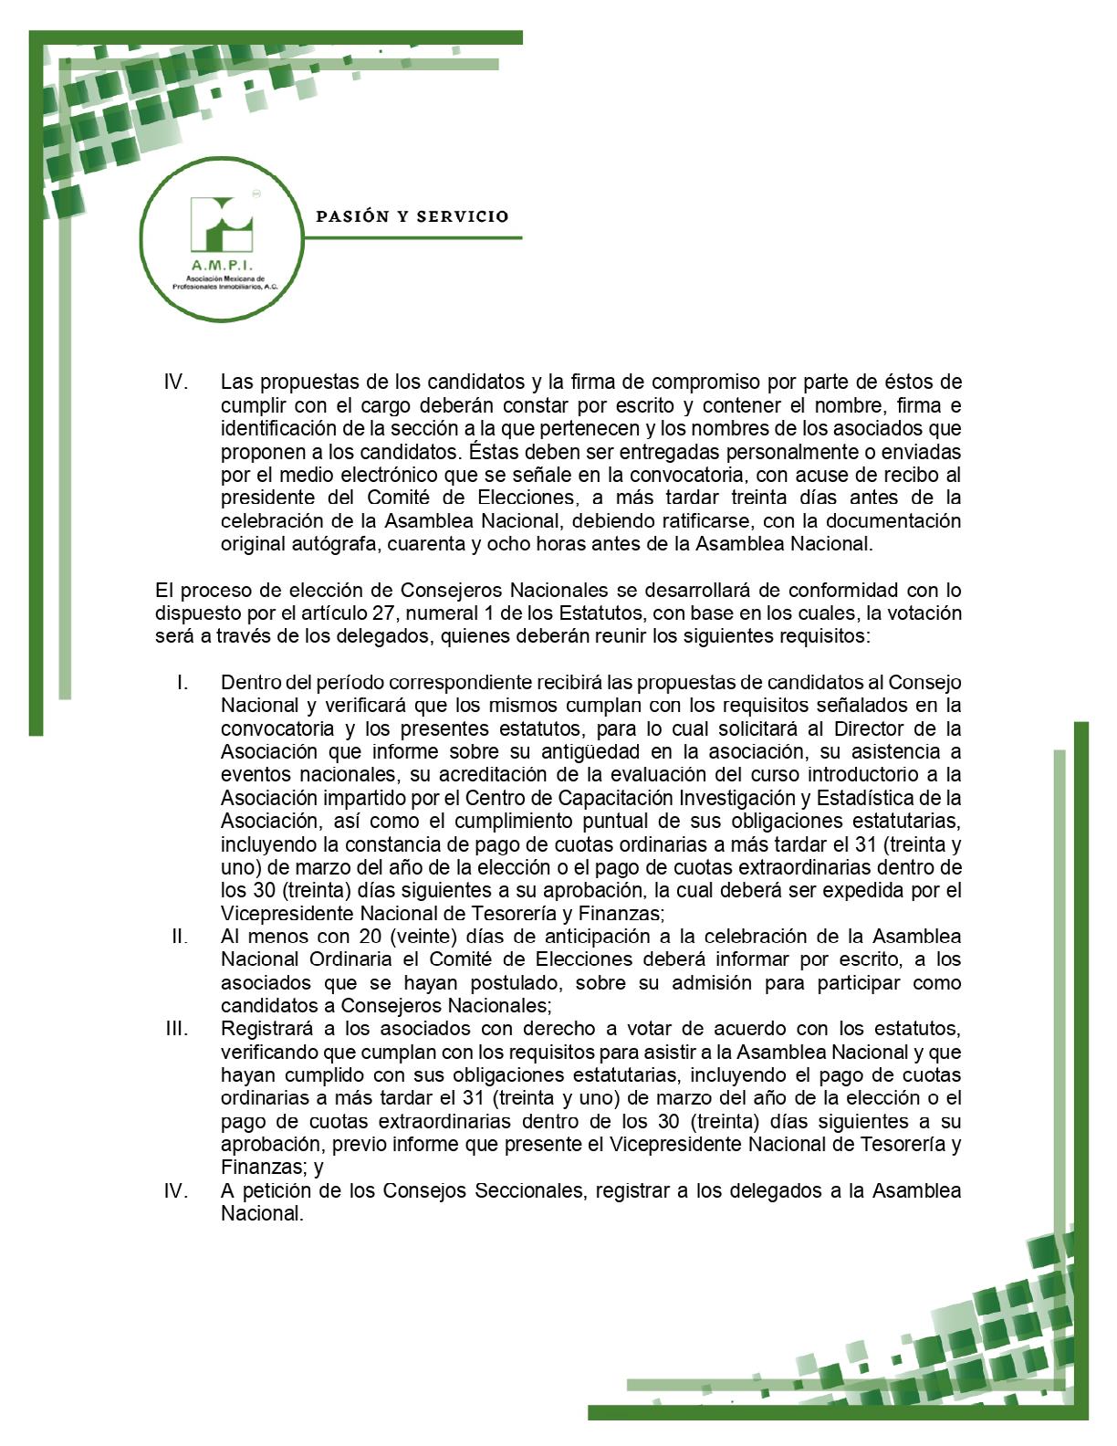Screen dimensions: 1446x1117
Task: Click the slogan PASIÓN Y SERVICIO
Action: pos(412,217)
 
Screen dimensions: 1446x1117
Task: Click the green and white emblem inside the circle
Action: pos(221,225)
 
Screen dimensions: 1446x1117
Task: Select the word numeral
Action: pos(436,613)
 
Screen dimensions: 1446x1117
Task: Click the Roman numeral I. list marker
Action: pos(183,683)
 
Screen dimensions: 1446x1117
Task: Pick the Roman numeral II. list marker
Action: pos(180,937)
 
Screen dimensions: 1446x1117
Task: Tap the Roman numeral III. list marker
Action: pos(177,1029)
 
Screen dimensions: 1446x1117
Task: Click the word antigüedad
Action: pos(517,752)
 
